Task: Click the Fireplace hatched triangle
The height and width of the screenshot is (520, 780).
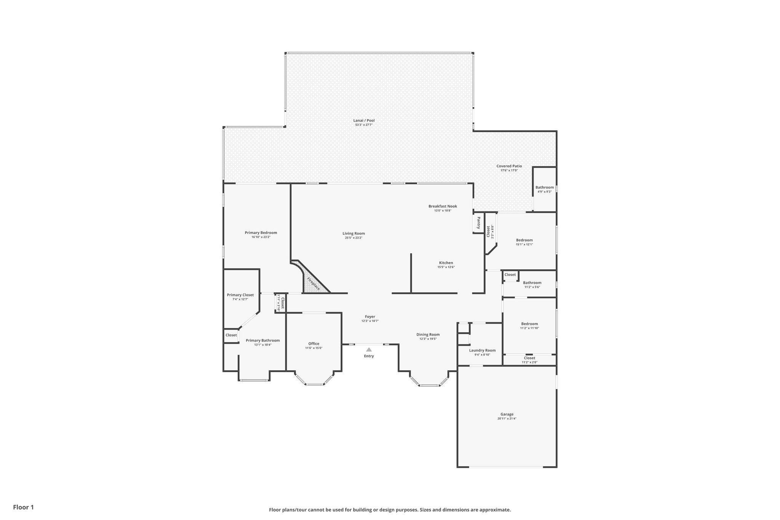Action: tap(315, 284)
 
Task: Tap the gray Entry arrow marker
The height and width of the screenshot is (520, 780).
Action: tap(369, 349)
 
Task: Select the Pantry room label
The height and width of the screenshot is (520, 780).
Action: tap(478, 223)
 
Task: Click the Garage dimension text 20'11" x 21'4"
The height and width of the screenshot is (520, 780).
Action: tap(507, 418)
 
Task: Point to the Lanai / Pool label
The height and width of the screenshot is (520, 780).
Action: tap(364, 120)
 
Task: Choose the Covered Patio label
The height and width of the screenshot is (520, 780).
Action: tap(509, 166)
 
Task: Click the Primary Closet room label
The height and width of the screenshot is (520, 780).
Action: tap(240, 295)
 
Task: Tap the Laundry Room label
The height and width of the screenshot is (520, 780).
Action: tap(482, 350)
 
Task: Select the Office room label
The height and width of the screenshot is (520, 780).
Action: tap(313, 344)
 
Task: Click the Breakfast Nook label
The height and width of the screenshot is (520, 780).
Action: tap(443, 206)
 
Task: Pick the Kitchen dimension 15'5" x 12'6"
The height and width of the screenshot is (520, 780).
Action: tap(446, 267)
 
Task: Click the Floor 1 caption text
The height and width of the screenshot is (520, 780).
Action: tap(23, 507)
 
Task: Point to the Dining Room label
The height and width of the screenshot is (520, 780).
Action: tap(430, 334)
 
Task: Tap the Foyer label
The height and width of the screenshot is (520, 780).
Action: tap(370, 317)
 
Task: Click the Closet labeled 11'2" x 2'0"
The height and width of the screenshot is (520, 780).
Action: tap(529, 358)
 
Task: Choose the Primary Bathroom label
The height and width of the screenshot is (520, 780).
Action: tap(263, 341)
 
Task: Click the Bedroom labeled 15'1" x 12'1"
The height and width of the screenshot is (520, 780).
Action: tap(524, 240)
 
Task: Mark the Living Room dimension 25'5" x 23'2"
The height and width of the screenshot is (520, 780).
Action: tap(353, 238)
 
